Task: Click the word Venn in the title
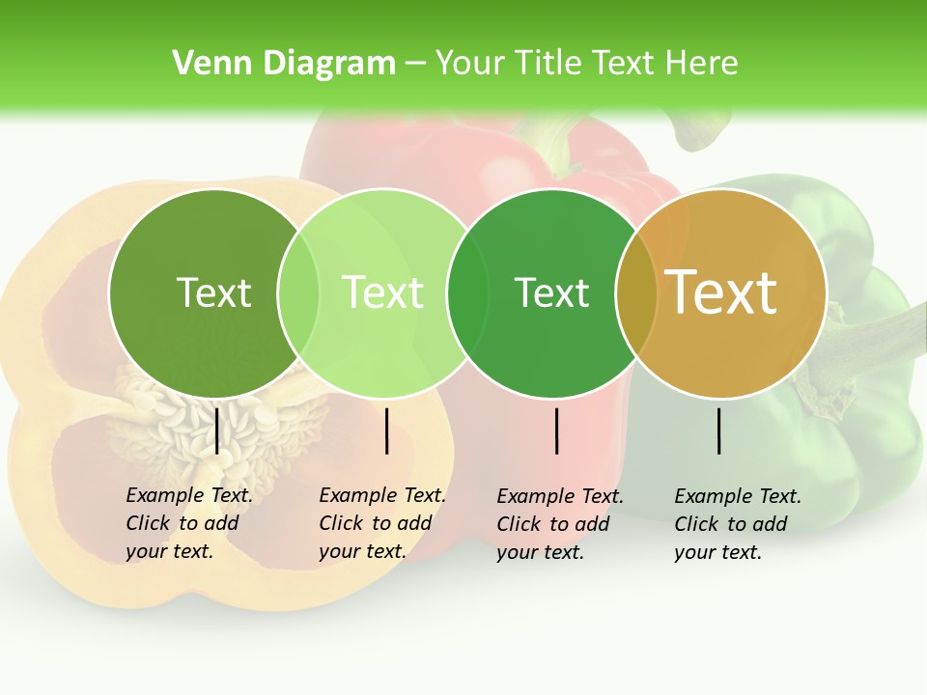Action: click(x=204, y=64)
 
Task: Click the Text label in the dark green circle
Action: click(x=213, y=292)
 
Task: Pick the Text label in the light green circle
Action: click(x=383, y=292)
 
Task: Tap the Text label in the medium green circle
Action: click(x=551, y=292)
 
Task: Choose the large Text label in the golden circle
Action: click(x=721, y=292)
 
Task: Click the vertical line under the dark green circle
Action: click(x=217, y=431)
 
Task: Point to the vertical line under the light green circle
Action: click(x=386, y=431)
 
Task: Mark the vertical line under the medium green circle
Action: click(x=557, y=431)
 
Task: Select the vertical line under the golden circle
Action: click(x=719, y=431)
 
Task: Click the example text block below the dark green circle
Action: click(x=188, y=523)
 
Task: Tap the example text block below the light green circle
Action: click(x=381, y=523)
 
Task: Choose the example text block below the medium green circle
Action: click(x=559, y=524)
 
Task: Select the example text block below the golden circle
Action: click(x=737, y=524)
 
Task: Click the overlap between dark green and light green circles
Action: click(x=298, y=292)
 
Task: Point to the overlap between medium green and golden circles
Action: click(x=636, y=292)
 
